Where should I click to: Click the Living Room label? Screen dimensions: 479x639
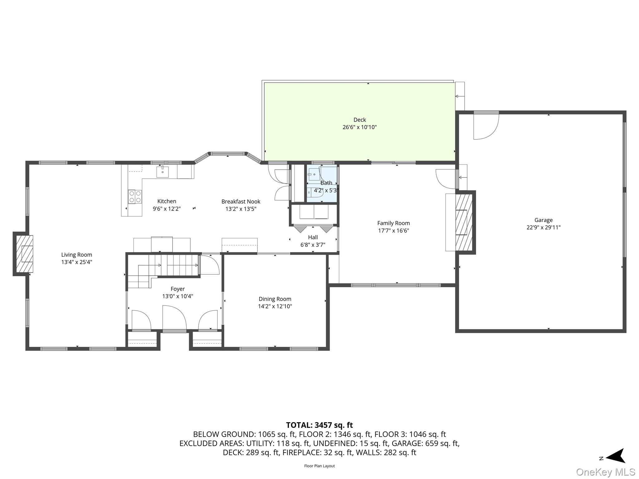pos(76,255)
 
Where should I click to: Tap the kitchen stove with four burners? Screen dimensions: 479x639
pos(135,197)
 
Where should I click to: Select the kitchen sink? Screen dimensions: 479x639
pos(162,172)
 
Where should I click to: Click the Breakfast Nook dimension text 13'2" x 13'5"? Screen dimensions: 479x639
pos(241,209)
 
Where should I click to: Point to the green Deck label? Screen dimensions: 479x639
pos(359,120)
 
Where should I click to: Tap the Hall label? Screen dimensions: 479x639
pos(313,237)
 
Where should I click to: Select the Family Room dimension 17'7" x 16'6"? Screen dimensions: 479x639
pos(393,231)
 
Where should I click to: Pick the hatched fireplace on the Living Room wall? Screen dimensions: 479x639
pos(24,254)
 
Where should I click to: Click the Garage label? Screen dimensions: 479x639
pos(543,220)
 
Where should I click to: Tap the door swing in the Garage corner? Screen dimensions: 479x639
pos(485,126)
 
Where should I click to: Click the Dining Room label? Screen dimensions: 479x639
pos(275,299)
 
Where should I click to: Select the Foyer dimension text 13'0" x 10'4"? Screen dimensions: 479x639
pos(178,296)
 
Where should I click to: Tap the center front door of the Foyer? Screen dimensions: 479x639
pos(174,318)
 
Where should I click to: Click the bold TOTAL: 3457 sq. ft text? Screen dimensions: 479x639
pos(319,425)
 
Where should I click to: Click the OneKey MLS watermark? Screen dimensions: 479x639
pos(605,472)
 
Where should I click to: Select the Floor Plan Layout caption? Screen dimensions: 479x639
pos(319,466)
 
